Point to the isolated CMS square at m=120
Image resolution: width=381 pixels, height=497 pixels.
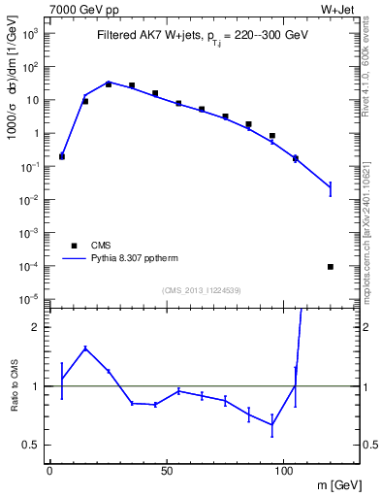pos(331,267)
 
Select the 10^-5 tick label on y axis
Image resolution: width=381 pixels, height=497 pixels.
pos(31,299)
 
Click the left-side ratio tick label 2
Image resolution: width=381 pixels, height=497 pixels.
pos(36,327)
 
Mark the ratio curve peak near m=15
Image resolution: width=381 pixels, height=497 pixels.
pos(85,348)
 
